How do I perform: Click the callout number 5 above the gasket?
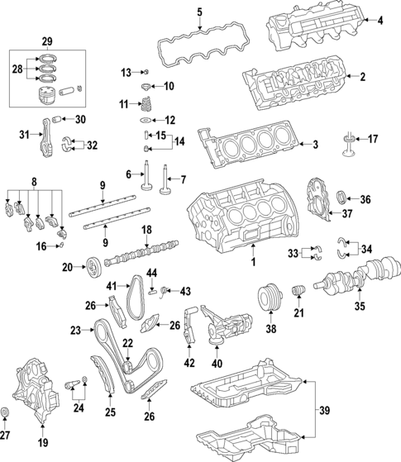tap(198, 11)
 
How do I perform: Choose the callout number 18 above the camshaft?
tap(146, 229)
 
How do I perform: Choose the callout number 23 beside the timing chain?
tap(76, 331)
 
